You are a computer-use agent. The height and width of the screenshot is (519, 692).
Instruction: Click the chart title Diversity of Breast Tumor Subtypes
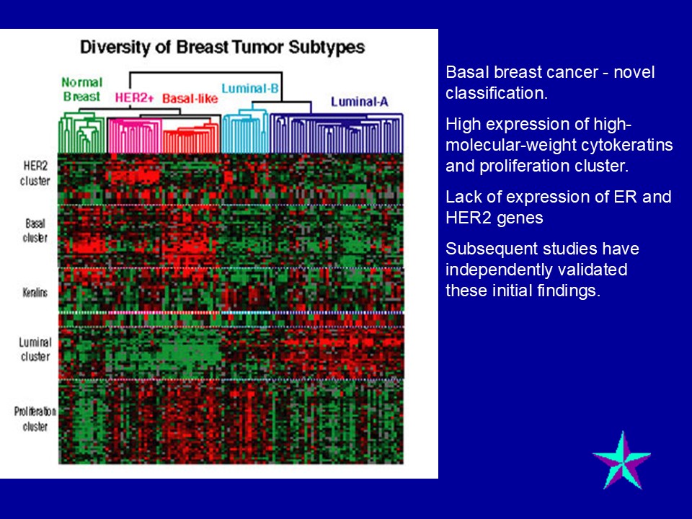point(223,47)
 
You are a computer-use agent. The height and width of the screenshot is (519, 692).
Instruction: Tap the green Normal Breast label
point(82,89)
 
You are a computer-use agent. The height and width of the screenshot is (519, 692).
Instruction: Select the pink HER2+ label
point(134,97)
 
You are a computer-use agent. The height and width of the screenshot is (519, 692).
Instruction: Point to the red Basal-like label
point(190,98)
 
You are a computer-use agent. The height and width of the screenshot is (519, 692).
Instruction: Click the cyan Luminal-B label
point(250,88)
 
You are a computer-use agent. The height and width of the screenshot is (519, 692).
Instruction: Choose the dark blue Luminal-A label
point(360,102)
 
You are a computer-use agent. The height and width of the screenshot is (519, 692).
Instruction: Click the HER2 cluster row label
point(35,174)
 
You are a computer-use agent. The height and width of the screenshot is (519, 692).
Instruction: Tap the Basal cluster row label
point(35,231)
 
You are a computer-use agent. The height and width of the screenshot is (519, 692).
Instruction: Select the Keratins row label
point(35,292)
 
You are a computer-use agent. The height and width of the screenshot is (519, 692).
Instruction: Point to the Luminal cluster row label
point(35,349)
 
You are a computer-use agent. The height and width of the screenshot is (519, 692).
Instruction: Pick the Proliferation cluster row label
point(35,419)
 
